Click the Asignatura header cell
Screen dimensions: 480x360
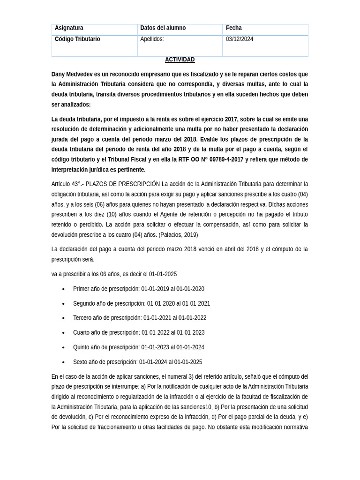pyautogui.click(x=69, y=28)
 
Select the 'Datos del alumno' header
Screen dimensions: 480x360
pyautogui.click(x=163, y=28)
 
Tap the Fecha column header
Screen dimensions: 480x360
pyautogui.click(x=233, y=28)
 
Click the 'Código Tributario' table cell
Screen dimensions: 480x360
pyautogui.click(x=77, y=39)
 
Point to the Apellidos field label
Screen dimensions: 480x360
pyautogui.click(x=152, y=39)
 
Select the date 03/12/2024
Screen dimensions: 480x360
pyautogui.click(x=239, y=39)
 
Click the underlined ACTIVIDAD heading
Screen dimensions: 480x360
pyautogui.click(x=180, y=60)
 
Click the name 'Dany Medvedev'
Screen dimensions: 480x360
pyautogui.click(x=72, y=75)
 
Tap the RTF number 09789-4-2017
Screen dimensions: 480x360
pyautogui.click(x=226, y=160)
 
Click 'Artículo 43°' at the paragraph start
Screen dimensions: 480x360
pyautogui.click(x=66, y=184)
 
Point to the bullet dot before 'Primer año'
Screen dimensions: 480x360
pyautogui.click(x=63, y=289)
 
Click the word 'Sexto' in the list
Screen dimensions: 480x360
pyautogui.click(x=81, y=362)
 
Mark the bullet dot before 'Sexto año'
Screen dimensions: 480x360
pyautogui.click(x=63, y=362)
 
